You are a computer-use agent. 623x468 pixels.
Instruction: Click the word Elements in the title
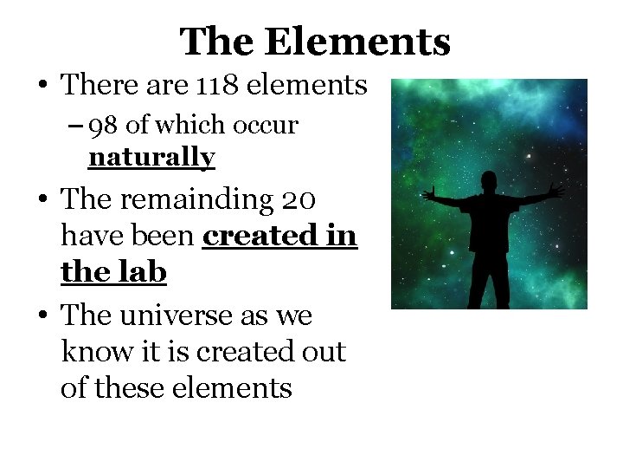point(358,41)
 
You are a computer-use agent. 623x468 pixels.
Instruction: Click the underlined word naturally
point(151,158)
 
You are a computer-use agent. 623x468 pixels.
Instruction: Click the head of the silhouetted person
point(488,184)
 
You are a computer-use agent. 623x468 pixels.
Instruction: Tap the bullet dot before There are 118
point(42,86)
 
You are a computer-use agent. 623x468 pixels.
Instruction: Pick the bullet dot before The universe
point(42,316)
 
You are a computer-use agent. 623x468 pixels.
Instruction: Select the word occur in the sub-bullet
point(270,126)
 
